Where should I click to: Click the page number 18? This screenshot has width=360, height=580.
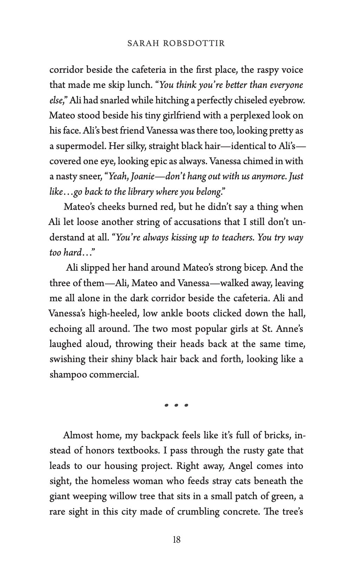(177, 540)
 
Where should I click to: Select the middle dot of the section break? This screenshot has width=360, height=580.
(177, 405)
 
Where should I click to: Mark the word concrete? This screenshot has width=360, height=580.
(239, 511)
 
